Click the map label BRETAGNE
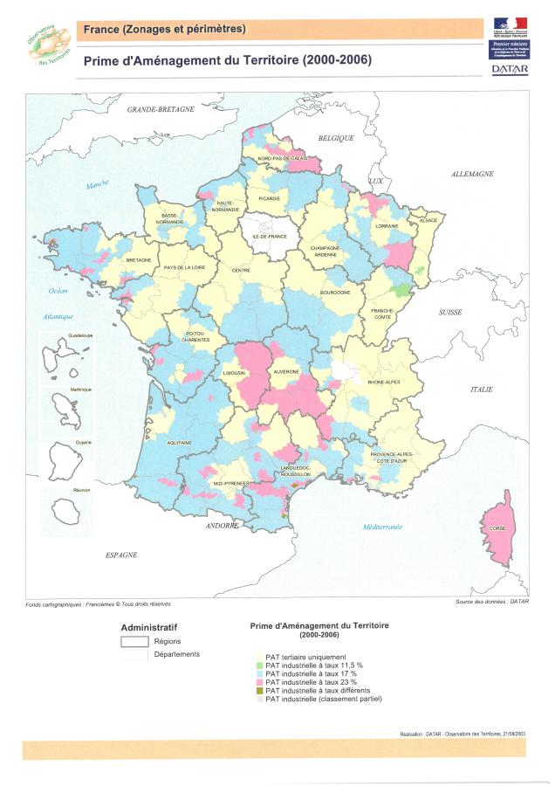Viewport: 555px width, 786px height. (x=139, y=260)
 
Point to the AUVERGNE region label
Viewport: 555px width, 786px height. (x=287, y=371)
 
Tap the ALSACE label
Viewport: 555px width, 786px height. (x=428, y=221)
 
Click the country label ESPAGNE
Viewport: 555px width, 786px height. (x=122, y=555)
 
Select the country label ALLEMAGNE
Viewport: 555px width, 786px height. (x=471, y=175)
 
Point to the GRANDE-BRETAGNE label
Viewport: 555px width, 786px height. (x=161, y=110)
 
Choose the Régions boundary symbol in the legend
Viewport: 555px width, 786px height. (x=135, y=642)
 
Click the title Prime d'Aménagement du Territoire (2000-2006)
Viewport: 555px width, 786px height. (x=227, y=61)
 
